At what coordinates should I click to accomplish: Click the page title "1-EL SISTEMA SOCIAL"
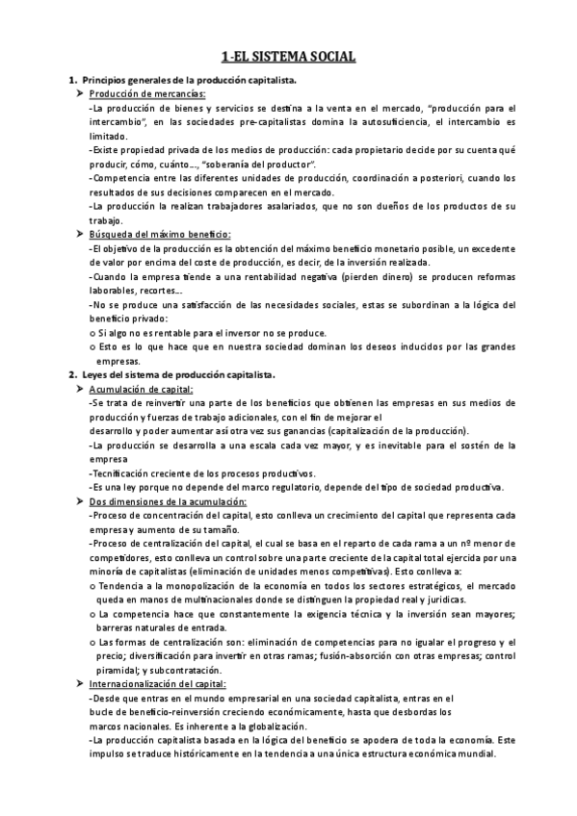288,58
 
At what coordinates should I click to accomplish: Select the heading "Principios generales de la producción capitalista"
191,80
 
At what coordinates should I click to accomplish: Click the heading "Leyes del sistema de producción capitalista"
179,374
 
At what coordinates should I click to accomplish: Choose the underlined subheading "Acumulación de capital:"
141,389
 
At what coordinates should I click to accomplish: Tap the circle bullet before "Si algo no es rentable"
92,332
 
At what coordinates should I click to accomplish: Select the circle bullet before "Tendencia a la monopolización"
92,585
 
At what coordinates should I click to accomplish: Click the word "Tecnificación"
121,472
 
